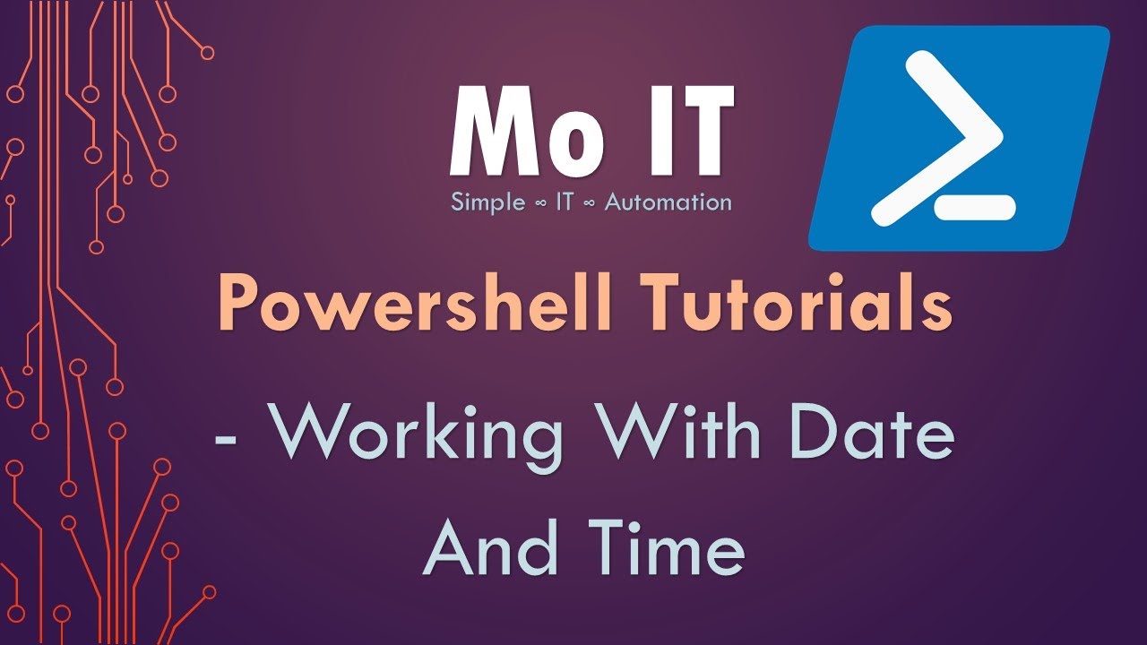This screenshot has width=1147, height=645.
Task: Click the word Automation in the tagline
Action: tap(668, 202)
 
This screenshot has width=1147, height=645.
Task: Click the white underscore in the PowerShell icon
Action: tap(975, 208)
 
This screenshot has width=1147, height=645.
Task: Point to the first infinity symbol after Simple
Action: tap(538, 203)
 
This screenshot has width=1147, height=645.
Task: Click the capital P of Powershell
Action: tap(240, 305)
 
